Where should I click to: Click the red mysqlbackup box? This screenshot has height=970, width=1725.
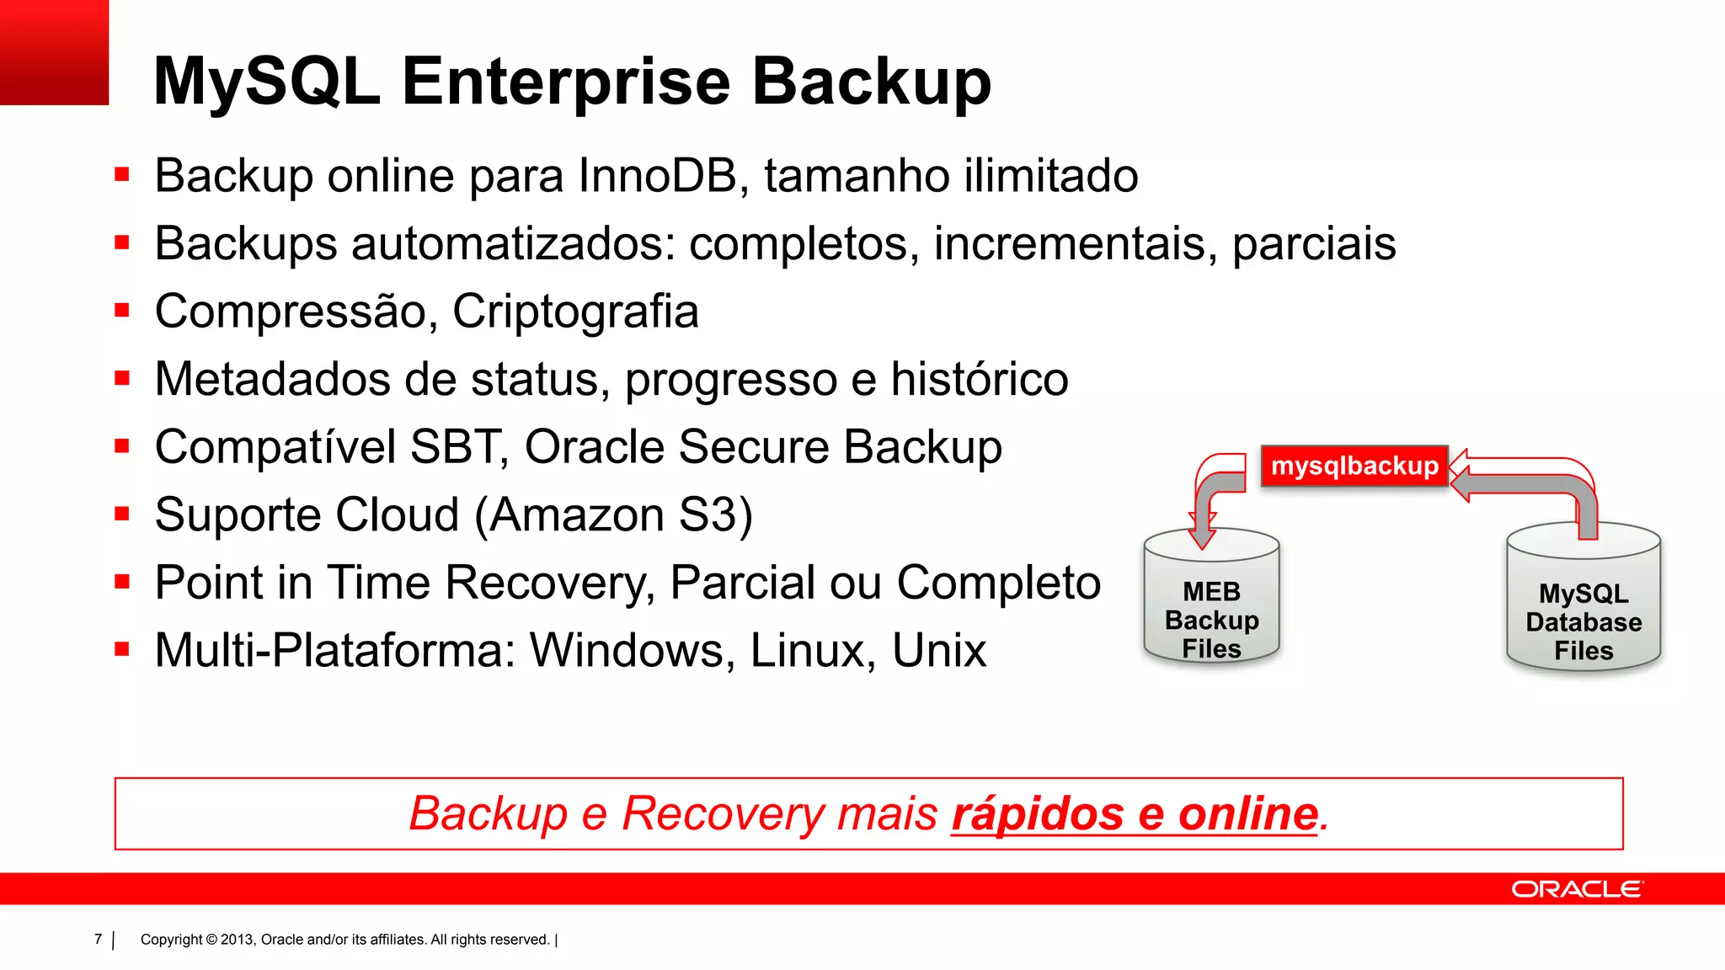point(1354,466)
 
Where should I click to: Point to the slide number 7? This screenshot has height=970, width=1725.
point(98,939)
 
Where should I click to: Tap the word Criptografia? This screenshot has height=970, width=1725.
point(575,312)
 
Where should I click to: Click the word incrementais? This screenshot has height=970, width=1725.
point(1075,244)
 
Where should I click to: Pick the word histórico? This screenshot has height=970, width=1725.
point(980,380)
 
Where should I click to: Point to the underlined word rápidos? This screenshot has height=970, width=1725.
point(1038,813)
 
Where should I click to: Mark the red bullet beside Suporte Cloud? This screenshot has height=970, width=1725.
point(122,514)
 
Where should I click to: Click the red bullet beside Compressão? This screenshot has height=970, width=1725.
point(122,310)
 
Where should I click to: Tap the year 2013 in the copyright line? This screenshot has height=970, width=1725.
point(237,940)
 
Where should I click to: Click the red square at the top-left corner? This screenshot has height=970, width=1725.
point(54,52)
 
